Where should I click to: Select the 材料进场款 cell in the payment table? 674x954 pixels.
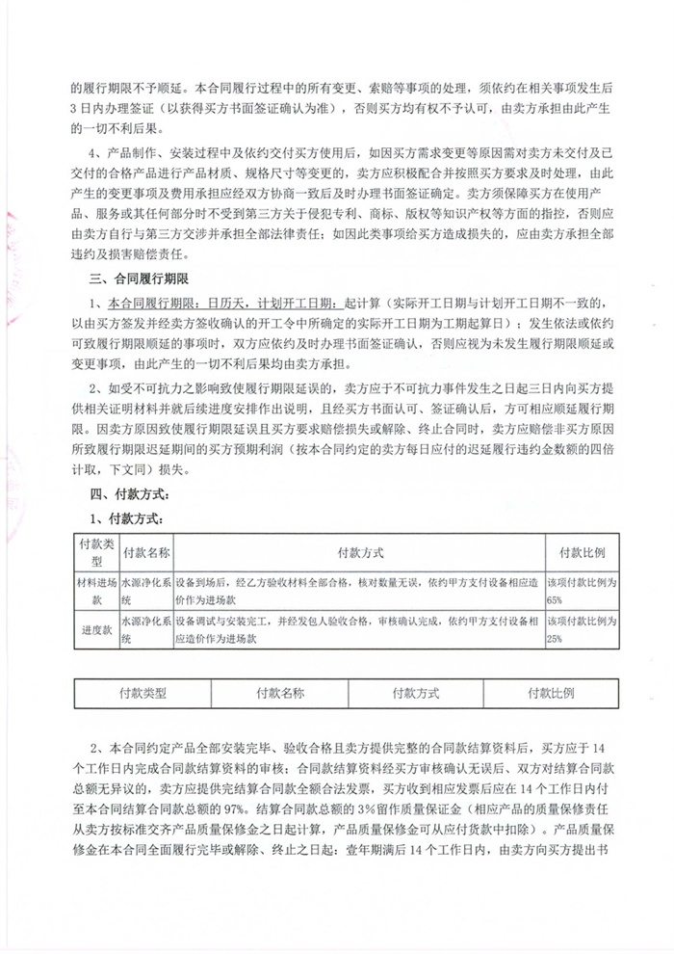[95, 590]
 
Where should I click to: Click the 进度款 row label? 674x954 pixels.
[95, 628]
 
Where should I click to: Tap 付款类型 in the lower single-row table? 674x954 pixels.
[143, 694]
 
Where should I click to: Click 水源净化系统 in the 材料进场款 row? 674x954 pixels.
[143, 590]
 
